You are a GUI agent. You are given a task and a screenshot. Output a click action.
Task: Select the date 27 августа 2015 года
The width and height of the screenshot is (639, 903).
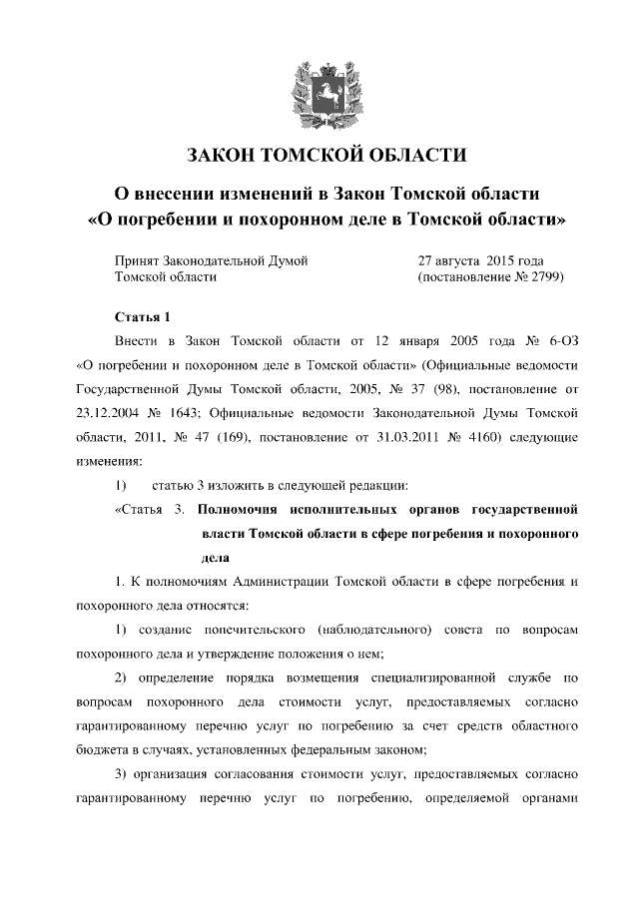point(480,260)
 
